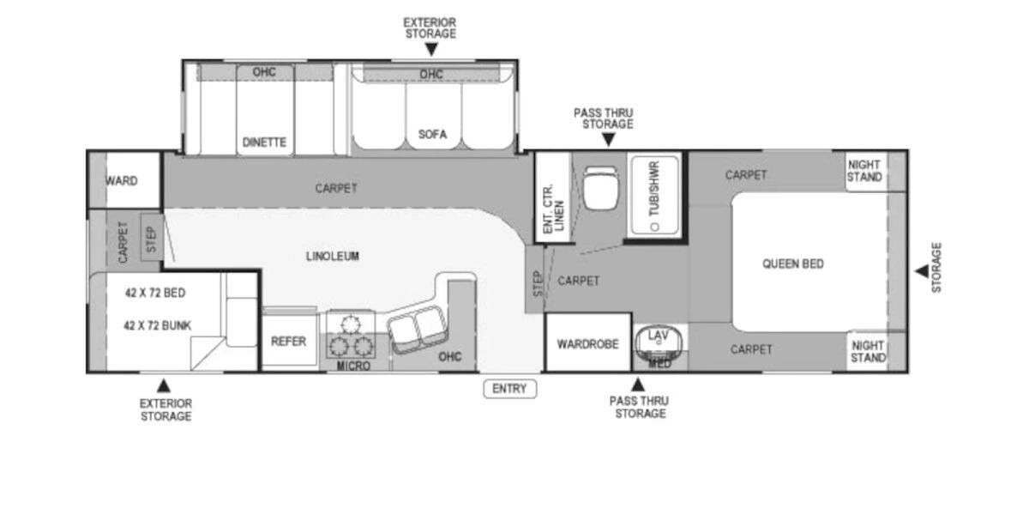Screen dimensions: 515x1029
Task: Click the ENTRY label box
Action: [509, 389]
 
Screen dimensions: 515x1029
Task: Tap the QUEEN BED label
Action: [792, 264]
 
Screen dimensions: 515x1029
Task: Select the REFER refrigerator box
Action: [288, 342]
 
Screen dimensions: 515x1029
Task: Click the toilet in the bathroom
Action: [599, 186]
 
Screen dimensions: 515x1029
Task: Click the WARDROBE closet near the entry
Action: [587, 344]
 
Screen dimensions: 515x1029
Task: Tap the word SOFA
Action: [432, 134]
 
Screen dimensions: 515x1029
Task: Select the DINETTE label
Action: [264, 142]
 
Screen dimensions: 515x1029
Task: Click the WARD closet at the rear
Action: [123, 181]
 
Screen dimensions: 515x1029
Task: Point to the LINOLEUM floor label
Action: [332, 256]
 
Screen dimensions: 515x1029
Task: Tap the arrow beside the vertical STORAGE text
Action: [920, 271]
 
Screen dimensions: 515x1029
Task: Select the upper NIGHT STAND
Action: [864, 171]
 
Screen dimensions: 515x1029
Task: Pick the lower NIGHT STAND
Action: [867, 352]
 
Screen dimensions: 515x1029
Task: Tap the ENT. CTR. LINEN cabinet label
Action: [553, 209]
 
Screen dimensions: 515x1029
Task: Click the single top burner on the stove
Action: [350, 323]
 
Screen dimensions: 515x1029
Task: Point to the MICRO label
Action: [353, 367]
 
